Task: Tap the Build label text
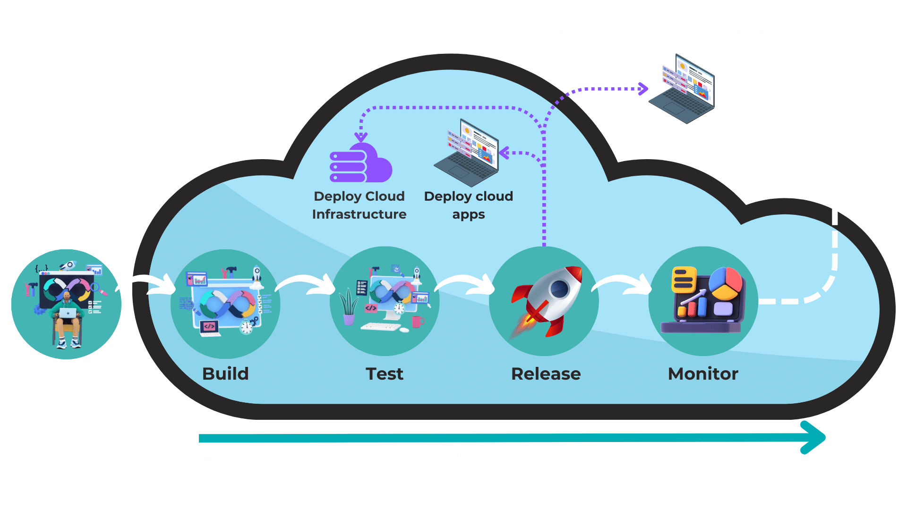225,374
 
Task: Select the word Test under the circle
385,374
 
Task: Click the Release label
546,374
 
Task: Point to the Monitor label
703,374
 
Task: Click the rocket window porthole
559,288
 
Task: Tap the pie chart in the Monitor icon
726,282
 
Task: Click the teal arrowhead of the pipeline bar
813,438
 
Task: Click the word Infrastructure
359,214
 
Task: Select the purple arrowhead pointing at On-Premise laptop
643,88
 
